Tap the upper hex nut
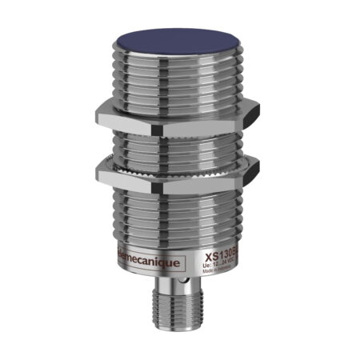(176, 117)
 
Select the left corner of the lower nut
(99, 166)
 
